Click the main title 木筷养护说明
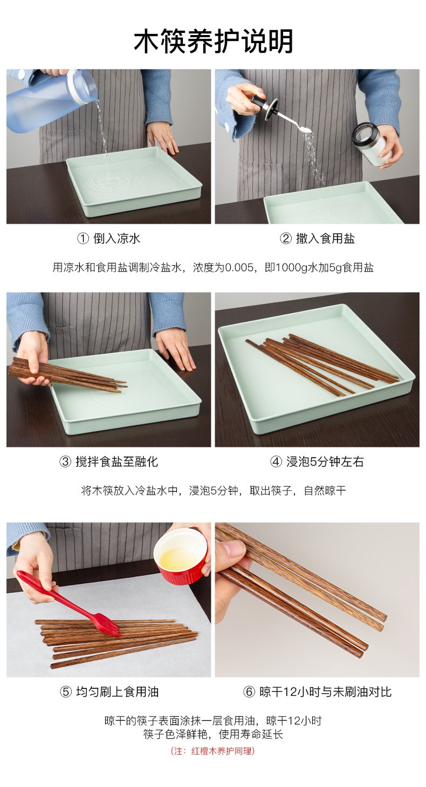pyautogui.click(x=213, y=42)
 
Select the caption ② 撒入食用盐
pyautogui.click(x=317, y=238)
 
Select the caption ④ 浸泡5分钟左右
pyautogui.click(x=317, y=461)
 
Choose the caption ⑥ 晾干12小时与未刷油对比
pyautogui.click(x=317, y=692)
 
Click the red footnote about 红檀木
pyautogui.click(x=212, y=750)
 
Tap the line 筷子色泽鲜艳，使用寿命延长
pyautogui.click(x=212, y=734)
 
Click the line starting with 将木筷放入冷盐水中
pyautogui.click(x=212, y=491)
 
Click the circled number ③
pyautogui.click(x=65, y=461)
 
